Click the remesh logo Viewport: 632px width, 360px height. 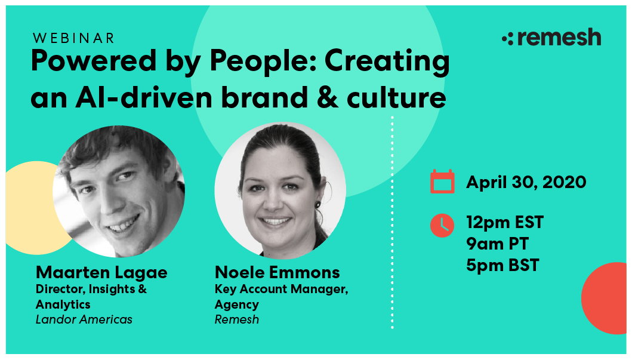pos(551,38)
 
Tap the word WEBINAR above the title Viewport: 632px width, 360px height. pos(74,38)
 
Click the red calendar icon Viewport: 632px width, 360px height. pos(442,181)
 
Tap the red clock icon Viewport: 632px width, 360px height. pos(442,224)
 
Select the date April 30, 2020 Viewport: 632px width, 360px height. pos(526,182)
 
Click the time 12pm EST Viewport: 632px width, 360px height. pos(505,223)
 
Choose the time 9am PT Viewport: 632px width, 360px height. pos(497,244)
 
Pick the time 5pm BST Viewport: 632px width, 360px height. pos(502,264)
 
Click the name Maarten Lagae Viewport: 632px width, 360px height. pos(101,273)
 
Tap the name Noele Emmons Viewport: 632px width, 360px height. pos(277,273)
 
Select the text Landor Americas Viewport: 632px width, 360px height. pos(84,319)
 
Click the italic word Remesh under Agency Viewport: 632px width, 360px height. pos(237,319)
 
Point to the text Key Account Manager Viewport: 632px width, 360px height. pos(281,290)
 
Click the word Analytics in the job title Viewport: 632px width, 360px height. pos(63,304)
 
